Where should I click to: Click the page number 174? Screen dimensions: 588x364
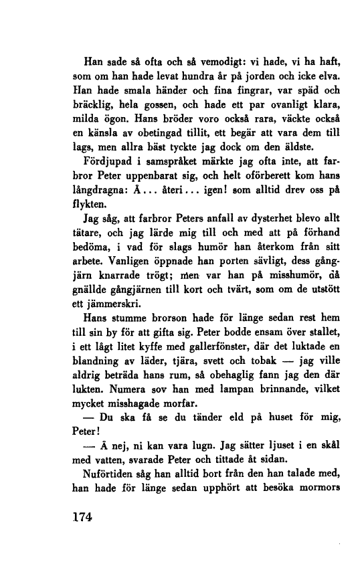[84, 518]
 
